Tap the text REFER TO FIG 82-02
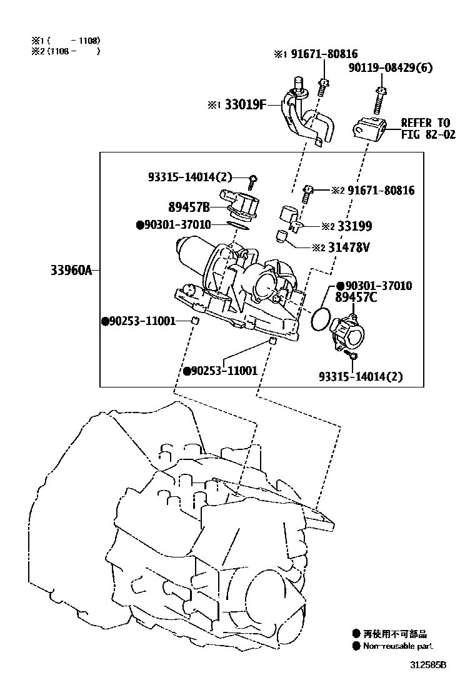coord(424,129)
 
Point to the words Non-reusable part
coord(397,646)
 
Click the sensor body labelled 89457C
coord(350,332)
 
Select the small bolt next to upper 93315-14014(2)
coord(251,181)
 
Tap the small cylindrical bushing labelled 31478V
coord(282,236)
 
